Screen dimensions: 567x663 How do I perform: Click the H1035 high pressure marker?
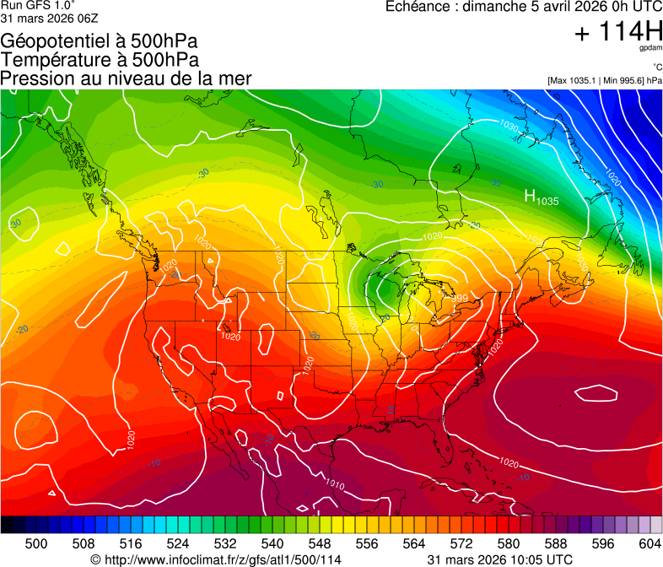[x=541, y=197]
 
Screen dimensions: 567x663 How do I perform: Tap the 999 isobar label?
[x=460, y=299]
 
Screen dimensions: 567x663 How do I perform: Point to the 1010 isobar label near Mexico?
[x=335, y=484]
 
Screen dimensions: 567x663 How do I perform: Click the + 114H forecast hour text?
[x=617, y=32]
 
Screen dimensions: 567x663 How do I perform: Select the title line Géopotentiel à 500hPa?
[x=100, y=41]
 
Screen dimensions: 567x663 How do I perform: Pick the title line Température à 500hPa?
[x=100, y=60]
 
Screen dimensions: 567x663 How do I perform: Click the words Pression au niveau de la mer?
[x=126, y=78]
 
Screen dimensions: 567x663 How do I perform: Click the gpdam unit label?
[x=650, y=48]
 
